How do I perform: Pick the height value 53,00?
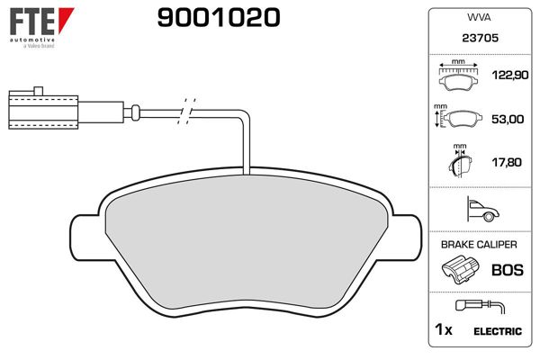[x=503, y=119]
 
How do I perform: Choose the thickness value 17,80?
[x=503, y=163]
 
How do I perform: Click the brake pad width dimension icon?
[x=459, y=77]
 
